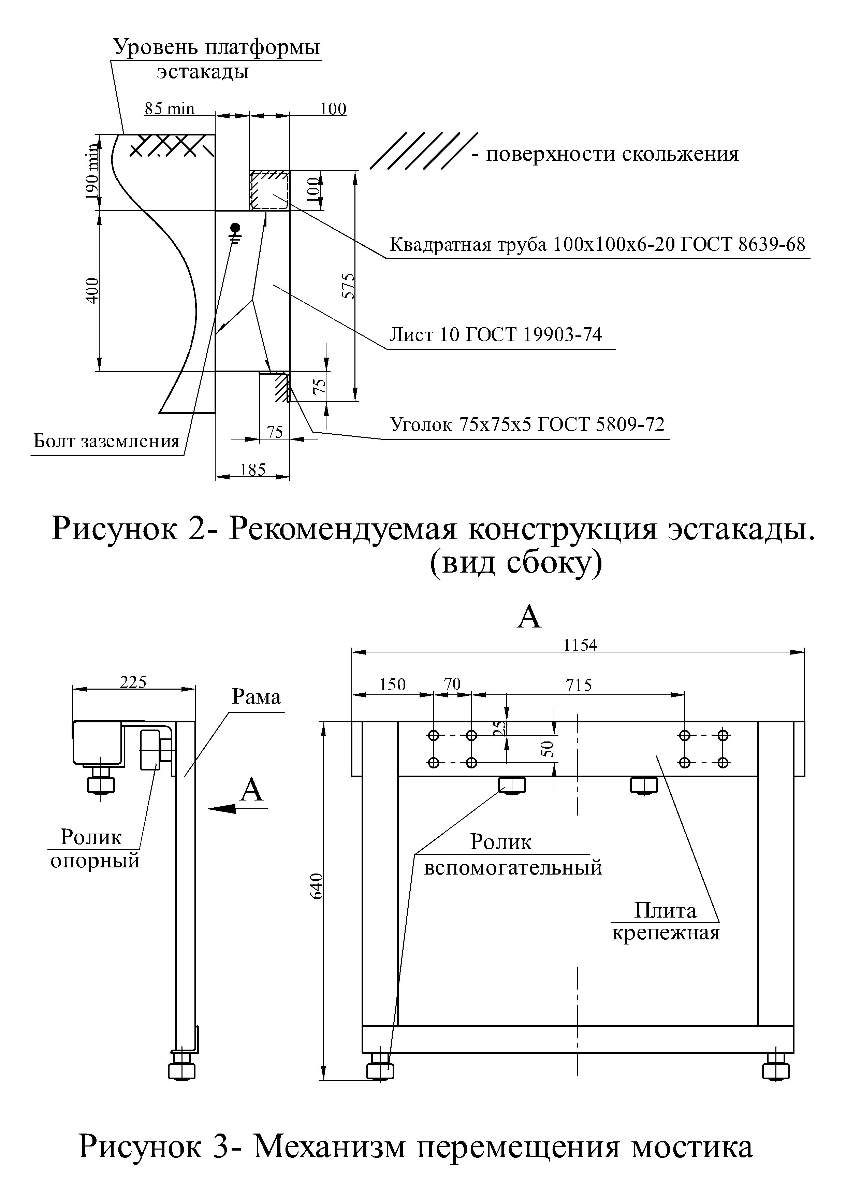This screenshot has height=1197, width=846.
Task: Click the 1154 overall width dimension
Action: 580,645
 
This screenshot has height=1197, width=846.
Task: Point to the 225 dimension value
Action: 133,682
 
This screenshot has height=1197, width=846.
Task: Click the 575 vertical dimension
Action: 348,286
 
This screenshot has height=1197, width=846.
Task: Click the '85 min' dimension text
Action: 170,109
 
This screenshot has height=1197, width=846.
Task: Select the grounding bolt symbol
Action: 236,232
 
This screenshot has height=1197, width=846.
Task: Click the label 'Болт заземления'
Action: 107,441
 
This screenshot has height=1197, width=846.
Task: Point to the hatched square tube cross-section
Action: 269,190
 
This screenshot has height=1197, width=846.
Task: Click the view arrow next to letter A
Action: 238,808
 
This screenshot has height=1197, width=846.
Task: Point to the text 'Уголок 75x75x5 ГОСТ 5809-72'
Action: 527,424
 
